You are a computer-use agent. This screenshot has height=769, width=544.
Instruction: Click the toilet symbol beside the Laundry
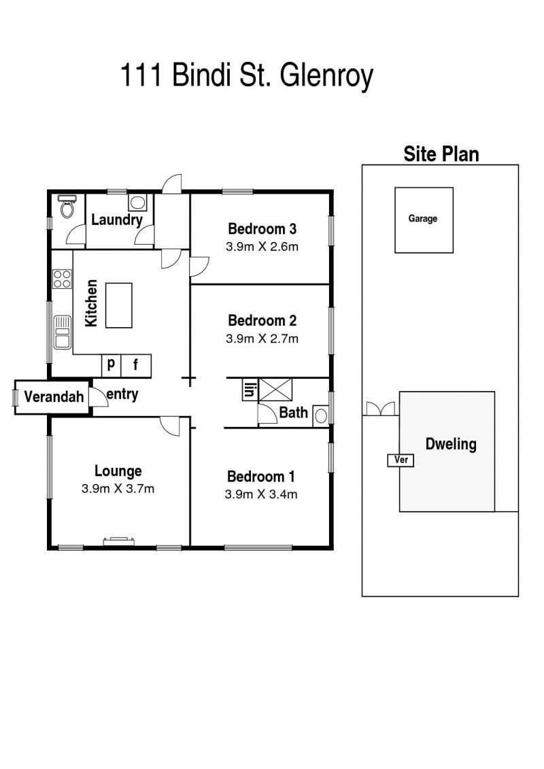[67, 207]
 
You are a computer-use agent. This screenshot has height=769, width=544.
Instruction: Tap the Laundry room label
[117, 220]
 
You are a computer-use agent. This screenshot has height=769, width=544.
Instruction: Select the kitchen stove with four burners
[63, 279]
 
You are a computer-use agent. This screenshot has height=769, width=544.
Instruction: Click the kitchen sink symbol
[63, 332]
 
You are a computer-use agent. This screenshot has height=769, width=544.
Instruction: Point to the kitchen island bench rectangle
[119, 305]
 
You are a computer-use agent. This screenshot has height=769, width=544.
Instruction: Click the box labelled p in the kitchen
[112, 365]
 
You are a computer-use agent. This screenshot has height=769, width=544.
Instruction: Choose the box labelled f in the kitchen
[136, 365]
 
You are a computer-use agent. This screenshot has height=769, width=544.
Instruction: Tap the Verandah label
[54, 396]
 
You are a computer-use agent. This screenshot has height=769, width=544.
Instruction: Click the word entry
[122, 394]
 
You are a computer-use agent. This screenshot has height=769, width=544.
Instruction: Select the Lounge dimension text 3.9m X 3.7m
[118, 488]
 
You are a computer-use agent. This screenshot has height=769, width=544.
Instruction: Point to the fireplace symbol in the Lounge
[119, 541]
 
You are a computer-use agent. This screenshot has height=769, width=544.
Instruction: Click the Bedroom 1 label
[261, 476]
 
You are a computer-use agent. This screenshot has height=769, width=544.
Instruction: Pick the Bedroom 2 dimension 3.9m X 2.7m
[262, 339]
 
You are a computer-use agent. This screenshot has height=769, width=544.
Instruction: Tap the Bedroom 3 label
[262, 228]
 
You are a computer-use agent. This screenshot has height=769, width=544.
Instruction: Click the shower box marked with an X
[275, 390]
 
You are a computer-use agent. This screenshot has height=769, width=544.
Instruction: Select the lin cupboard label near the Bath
[250, 390]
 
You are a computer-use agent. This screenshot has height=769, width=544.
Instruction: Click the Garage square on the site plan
[424, 220]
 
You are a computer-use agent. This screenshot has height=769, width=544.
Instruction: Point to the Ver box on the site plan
[401, 460]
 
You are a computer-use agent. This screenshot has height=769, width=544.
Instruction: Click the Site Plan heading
[441, 154]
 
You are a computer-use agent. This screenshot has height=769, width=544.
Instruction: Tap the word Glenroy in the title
[326, 76]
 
